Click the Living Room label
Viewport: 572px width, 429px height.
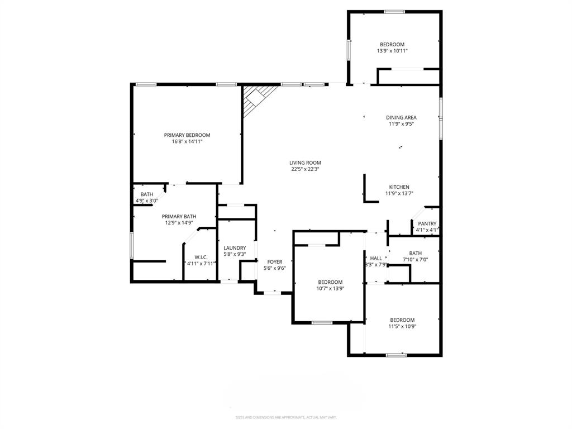305,163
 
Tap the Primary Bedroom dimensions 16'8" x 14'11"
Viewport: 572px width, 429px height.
187,142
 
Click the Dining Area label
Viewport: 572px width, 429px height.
401,117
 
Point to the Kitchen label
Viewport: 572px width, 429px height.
399,187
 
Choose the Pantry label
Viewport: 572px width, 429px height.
427,223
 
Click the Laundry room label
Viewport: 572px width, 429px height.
235,248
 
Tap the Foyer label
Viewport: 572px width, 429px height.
274,261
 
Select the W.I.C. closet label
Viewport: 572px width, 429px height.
201,257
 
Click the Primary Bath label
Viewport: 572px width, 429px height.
179,216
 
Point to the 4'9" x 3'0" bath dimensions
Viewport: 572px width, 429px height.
147,201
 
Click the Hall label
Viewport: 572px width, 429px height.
376,258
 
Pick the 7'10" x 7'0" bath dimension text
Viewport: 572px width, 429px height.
415,259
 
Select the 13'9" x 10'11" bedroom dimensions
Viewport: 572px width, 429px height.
392,51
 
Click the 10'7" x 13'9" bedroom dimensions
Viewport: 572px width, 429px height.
330,289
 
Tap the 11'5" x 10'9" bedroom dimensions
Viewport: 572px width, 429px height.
402,327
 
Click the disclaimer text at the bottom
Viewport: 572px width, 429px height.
285,417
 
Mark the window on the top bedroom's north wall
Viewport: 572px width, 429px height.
394,11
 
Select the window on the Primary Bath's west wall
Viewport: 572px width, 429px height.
132,245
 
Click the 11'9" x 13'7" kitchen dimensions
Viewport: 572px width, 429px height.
399,194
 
